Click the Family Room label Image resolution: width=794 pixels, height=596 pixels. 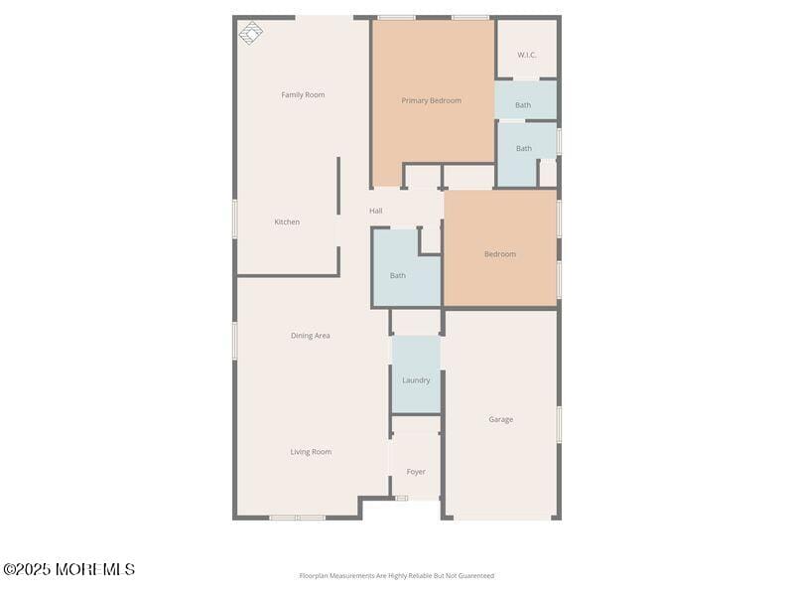pos(303,95)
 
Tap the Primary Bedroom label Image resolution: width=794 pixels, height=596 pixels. pos(431,100)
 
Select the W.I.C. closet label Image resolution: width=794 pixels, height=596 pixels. pos(526,55)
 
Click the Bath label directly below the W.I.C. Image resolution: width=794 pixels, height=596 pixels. pos(523,105)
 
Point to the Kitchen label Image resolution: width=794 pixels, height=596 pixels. pos(287,223)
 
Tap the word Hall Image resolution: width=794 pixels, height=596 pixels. pos(376,211)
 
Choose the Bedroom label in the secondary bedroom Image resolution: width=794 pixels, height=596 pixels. pos(500,254)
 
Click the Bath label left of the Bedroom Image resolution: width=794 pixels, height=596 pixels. pos(398,276)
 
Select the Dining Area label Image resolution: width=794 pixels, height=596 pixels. pos(311,336)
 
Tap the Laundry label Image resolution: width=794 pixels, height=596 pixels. pos(416,380)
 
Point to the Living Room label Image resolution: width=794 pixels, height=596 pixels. pos(311,452)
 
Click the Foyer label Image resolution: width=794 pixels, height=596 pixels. pos(416,472)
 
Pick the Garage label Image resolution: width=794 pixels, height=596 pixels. pos(501,420)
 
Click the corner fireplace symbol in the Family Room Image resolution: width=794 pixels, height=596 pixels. pos(251,33)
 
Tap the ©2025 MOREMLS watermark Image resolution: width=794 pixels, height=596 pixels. pos(68,569)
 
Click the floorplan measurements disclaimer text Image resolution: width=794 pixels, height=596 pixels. pos(397,576)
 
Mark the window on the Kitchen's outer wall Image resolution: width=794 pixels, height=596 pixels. pos(235,219)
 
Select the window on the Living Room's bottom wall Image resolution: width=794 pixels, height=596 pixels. pos(297,518)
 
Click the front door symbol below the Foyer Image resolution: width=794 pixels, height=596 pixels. pos(401,498)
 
